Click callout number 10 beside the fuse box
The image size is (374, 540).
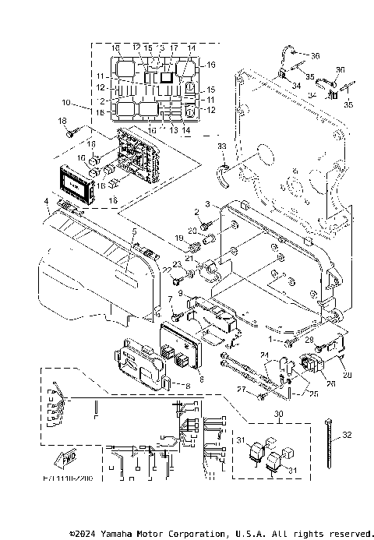tap(66, 102)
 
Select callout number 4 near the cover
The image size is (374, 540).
tap(47, 202)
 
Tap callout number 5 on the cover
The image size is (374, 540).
tap(133, 232)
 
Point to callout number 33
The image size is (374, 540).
tap(222, 146)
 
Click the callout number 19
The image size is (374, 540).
tap(178, 238)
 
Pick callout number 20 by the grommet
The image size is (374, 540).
tap(193, 231)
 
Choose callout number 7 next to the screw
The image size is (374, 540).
tap(171, 299)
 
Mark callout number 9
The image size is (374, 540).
tap(181, 294)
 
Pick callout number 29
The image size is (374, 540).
tap(309, 341)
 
